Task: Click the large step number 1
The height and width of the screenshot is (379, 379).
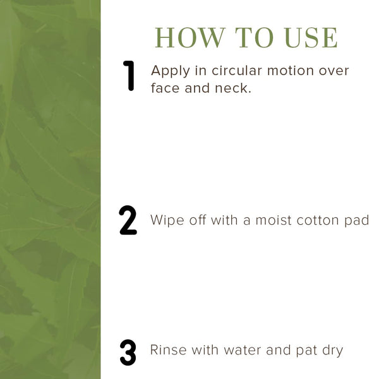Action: point(129,76)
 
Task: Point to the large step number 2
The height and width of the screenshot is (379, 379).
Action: point(128,220)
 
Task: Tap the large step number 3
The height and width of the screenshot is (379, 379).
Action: point(128,352)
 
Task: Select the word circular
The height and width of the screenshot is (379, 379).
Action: point(237,71)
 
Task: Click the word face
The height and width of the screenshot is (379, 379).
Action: point(165,88)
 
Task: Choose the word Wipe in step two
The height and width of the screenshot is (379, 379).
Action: point(167,221)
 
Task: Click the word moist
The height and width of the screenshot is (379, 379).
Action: point(274,220)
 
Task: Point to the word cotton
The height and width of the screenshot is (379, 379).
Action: point(318,220)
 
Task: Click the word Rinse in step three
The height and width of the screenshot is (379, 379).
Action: point(168,350)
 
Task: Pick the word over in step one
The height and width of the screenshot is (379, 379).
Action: point(334,71)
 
